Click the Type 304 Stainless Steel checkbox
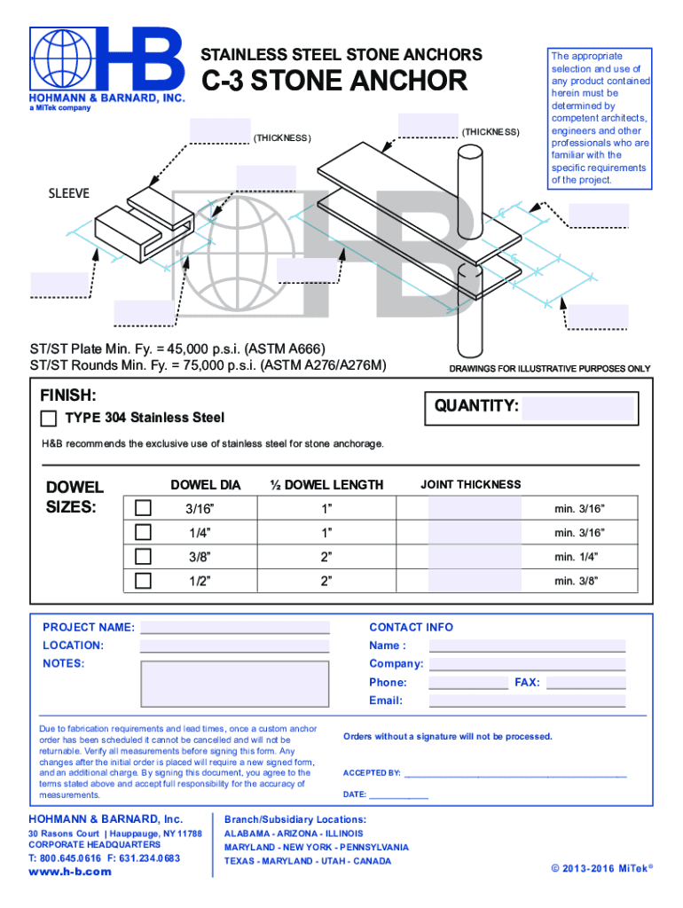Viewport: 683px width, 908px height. pos(49,419)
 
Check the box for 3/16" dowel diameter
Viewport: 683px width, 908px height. pos(143,508)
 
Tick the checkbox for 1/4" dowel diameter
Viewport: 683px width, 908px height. pos(143,532)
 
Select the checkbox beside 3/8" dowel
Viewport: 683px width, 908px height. pos(143,557)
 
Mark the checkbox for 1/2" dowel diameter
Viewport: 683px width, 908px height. pos(143,581)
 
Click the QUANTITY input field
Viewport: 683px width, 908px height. pos(578,408)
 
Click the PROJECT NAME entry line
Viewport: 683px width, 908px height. pos(235,628)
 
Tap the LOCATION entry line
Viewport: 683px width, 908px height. pos(235,646)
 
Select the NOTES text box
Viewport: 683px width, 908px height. pos(235,682)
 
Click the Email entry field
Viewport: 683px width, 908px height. pos(527,701)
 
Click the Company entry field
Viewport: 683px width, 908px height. pos(527,664)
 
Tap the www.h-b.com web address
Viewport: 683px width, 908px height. pos(71,872)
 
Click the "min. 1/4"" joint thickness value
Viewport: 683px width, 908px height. pos(577,557)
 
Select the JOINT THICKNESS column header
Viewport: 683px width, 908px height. pos(470,484)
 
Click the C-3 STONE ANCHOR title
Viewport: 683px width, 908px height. pos(335,82)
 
